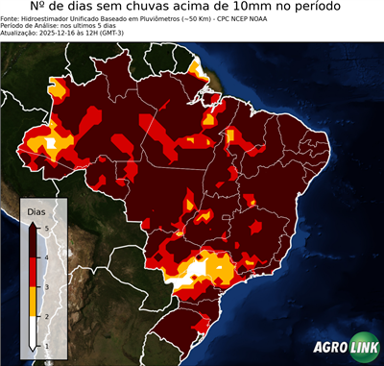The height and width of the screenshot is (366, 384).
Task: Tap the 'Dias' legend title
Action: tap(36, 211)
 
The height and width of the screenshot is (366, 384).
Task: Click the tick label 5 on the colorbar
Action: tap(46, 226)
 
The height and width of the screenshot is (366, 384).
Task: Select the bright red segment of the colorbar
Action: tap(34, 271)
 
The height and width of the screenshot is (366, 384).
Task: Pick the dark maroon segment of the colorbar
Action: tap(34, 240)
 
